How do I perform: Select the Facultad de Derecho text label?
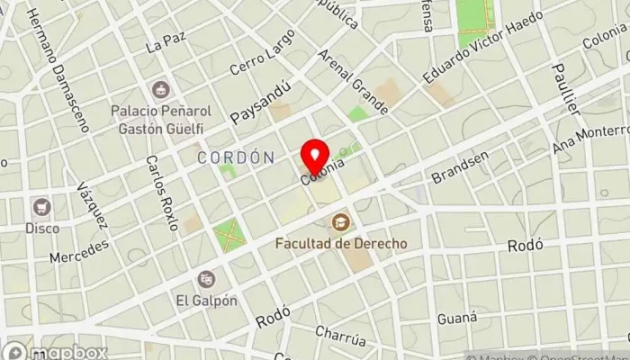(341, 243)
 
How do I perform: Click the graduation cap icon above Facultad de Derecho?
(341, 221)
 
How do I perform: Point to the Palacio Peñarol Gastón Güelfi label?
(161, 119)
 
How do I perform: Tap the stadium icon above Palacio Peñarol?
(161, 90)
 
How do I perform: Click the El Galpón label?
(206, 301)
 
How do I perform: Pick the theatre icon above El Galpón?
(206, 279)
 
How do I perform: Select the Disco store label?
(41, 228)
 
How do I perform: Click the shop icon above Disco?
(41, 207)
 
